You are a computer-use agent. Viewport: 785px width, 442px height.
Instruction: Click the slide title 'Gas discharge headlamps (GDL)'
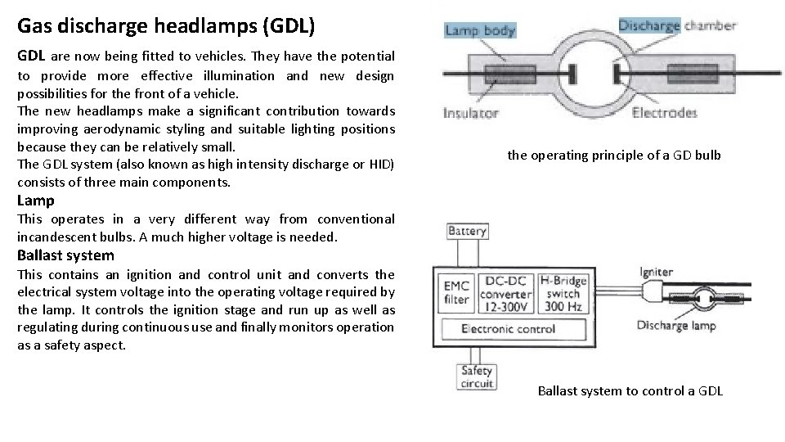click(x=165, y=25)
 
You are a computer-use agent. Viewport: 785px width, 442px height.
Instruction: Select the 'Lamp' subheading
click(x=36, y=201)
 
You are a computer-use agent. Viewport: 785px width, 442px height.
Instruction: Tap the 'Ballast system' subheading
click(x=65, y=255)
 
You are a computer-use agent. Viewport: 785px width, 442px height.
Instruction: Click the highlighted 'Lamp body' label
click(x=480, y=30)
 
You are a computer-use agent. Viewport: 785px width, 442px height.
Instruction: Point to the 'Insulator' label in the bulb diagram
click(x=470, y=113)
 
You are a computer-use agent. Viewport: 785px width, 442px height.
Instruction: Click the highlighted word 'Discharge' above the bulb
click(x=649, y=25)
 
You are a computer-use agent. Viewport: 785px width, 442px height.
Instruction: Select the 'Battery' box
click(x=467, y=232)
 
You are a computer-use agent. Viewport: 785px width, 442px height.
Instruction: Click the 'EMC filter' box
click(x=457, y=292)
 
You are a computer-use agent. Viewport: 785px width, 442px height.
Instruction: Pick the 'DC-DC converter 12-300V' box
click(x=506, y=292)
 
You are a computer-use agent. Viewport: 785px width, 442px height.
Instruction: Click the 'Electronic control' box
click(x=508, y=329)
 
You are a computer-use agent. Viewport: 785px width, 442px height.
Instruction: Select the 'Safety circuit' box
click(x=477, y=377)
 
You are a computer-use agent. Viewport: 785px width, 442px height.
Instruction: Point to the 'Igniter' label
click(x=656, y=272)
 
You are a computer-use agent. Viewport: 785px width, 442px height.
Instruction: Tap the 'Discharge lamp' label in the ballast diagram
click(x=675, y=326)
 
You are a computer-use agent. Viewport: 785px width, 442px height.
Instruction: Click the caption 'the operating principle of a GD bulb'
click(x=614, y=155)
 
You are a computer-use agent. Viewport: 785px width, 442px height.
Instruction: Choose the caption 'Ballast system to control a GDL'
click(x=630, y=390)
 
